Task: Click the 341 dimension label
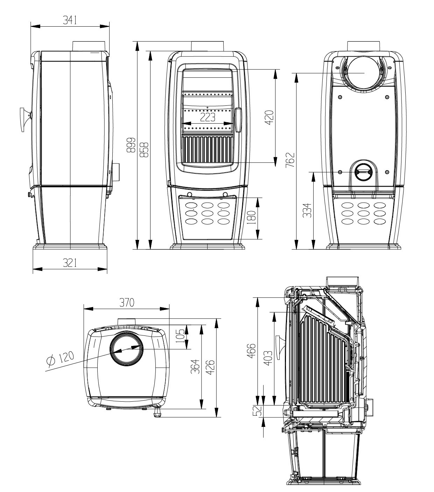70,20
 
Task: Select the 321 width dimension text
70,263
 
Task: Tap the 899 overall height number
131,145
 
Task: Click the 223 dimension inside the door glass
208,117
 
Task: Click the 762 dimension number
290,160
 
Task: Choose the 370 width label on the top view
127,303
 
